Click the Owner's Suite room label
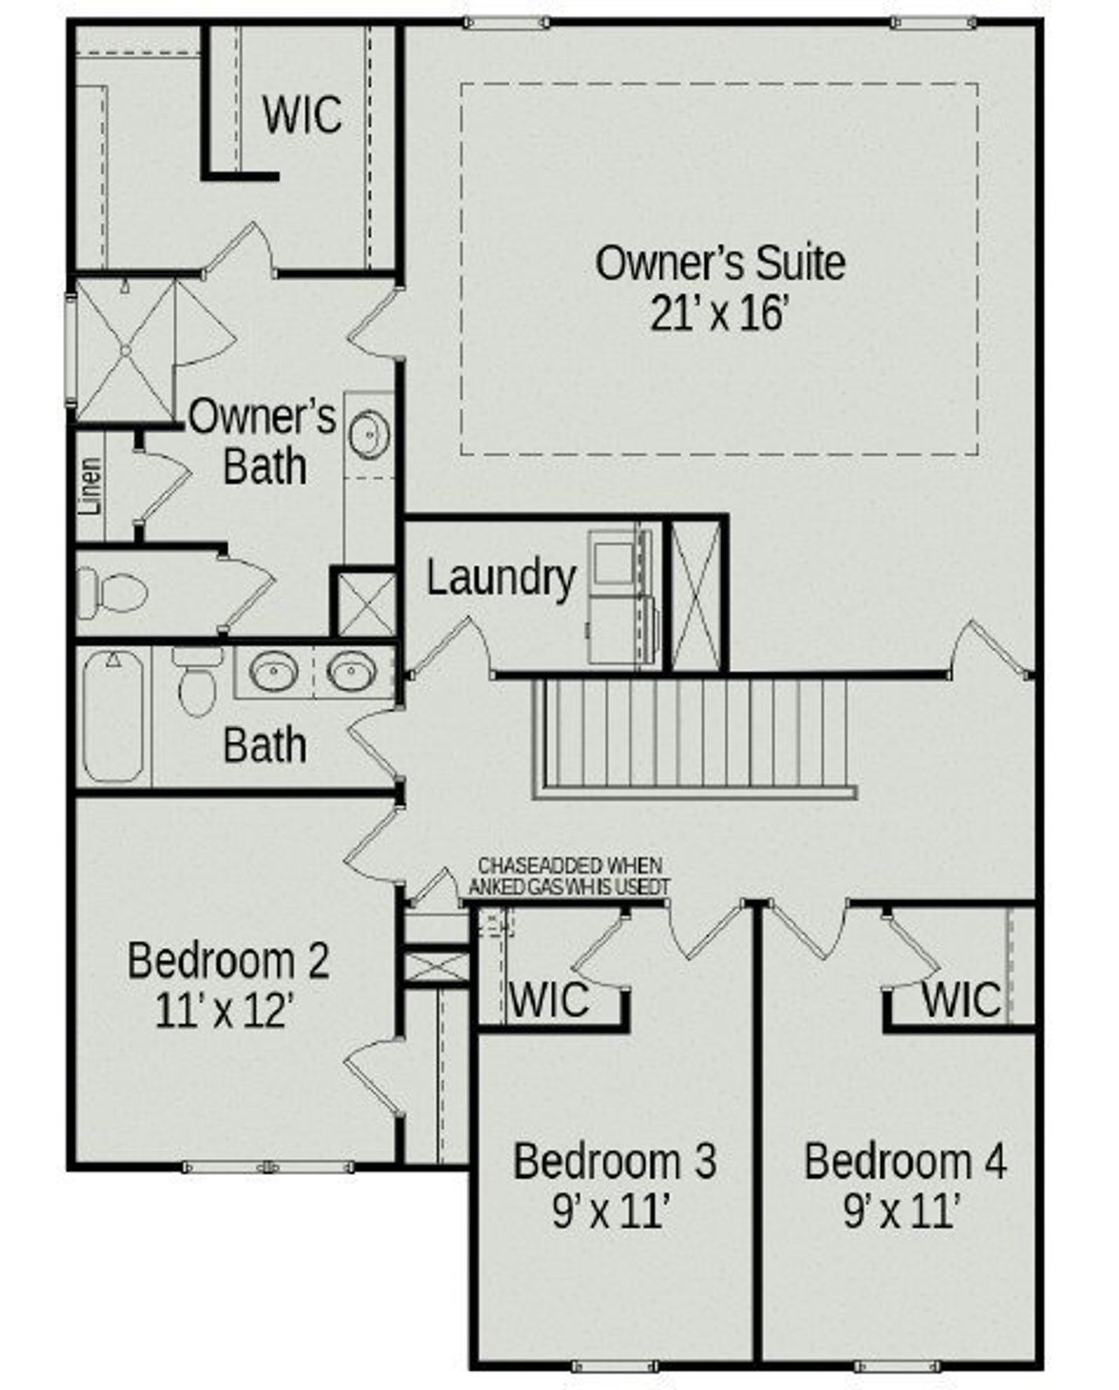719,263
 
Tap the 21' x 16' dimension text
719,314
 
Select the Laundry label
501,578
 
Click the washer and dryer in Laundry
619,596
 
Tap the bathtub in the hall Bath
113,716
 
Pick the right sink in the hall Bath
351,672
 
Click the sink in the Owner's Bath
370,434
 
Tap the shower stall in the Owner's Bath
126,350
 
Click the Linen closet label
91,486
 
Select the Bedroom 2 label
228,960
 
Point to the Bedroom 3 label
615,1161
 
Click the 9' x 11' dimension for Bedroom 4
903,1212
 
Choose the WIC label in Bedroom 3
549,999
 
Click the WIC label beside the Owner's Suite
302,115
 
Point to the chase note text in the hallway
569,876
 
